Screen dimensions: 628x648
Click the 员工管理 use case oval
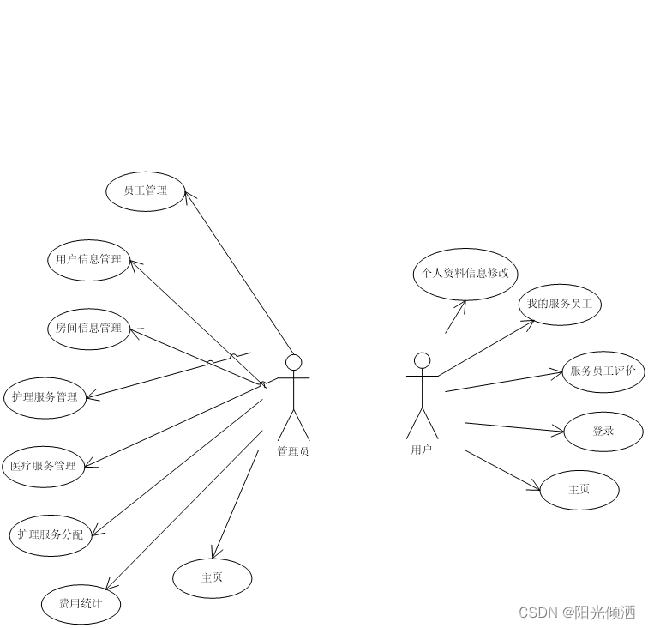[x=146, y=190]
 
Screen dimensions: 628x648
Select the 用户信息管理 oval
[x=88, y=260]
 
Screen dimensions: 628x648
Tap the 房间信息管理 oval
[x=88, y=329]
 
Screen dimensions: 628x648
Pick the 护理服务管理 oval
[x=45, y=397]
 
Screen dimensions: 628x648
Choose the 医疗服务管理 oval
[x=44, y=467]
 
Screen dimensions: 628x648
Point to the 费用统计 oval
[x=81, y=604]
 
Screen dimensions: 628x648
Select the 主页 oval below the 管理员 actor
[x=212, y=578]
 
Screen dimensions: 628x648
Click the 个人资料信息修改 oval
[x=465, y=274]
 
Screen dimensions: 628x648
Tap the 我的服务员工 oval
[x=559, y=305]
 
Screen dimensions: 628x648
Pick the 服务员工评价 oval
[x=603, y=372]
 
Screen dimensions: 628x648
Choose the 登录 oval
[x=603, y=432]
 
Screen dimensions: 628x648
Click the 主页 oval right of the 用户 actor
[x=579, y=490]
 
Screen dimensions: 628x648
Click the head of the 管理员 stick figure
[x=294, y=362]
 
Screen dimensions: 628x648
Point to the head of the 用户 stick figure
[x=422, y=360]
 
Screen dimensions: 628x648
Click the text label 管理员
[x=293, y=450]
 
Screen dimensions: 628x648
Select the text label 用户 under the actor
[x=421, y=449]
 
